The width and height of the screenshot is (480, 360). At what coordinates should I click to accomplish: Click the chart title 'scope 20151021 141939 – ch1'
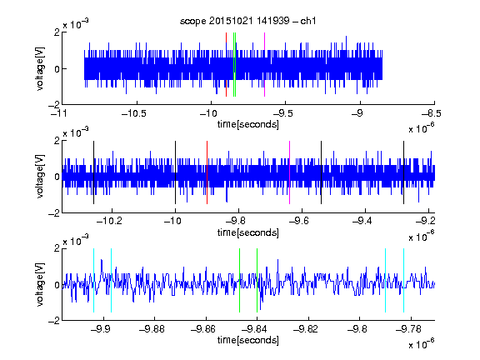[x=248, y=21]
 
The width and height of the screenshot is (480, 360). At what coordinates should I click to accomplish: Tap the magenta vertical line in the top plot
[x=264, y=65]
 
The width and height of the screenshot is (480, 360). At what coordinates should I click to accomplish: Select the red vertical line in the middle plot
[x=207, y=172]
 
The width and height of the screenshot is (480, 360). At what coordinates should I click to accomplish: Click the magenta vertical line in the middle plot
[x=290, y=172]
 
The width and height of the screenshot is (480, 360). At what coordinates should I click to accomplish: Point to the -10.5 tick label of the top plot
[x=134, y=113]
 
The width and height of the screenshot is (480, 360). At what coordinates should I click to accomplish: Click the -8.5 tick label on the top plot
[x=432, y=113]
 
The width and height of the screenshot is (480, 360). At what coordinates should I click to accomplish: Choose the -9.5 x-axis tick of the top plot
[x=282, y=113]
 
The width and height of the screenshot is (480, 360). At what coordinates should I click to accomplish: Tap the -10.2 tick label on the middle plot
[x=109, y=221]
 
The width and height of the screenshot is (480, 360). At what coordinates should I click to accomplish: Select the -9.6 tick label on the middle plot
[x=299, y=221]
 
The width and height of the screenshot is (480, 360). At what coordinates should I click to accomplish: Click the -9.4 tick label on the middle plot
[x=362, y=221]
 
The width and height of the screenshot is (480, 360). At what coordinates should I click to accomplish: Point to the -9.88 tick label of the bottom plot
[x=152, y=329]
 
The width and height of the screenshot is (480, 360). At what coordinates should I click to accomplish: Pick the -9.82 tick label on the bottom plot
[x=306, y=329]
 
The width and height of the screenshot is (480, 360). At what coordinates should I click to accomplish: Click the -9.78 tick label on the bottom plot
[x=408, y=329]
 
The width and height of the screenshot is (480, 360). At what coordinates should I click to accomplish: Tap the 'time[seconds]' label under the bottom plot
[x=248, y=340]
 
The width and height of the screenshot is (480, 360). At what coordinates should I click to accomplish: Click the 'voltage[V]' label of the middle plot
[x=40, y=177]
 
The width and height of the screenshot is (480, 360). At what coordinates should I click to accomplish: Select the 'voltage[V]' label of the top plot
[x=40, y=68]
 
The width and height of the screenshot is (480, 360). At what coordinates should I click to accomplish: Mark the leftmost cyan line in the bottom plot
[x=93, y=280]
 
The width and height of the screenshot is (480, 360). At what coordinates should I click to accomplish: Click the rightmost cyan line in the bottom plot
[x=403, y=280]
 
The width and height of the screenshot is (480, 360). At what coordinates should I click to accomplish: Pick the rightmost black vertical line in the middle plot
[x=403, y=172]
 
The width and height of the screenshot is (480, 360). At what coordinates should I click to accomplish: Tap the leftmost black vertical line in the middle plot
[x=93, y=172]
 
